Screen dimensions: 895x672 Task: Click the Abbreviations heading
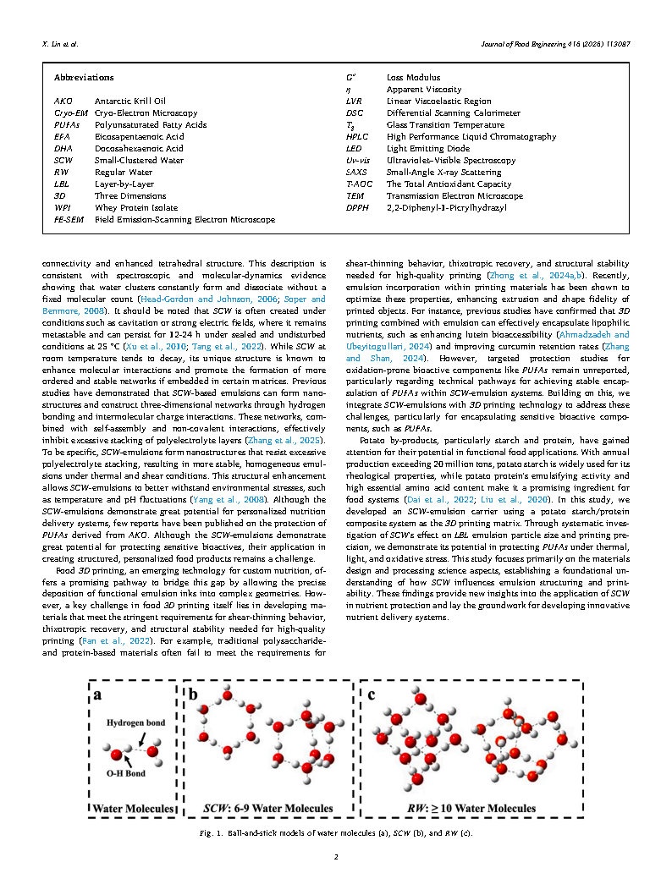[x=84, y=77]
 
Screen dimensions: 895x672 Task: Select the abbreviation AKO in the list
[x=63, y=101]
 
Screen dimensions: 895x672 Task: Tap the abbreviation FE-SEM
[x=68, y=219]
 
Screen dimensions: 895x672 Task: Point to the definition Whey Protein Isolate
[x=136, y=207]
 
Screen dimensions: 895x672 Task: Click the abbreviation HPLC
[x=358, y=136]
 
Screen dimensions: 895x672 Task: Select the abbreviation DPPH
[x=358, y=207]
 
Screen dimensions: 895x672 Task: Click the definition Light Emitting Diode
[x=427, y=148]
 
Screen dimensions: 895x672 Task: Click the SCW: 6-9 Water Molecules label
[x=269, y=809]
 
